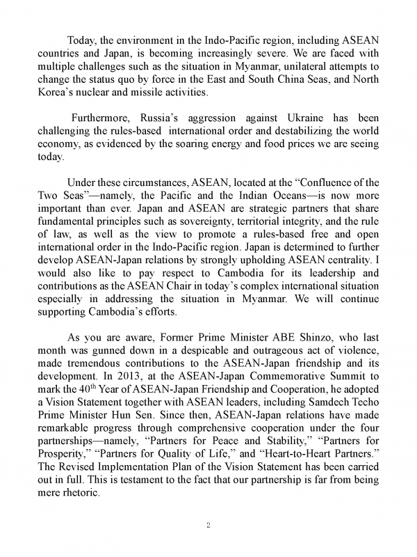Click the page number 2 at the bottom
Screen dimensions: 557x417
click(208, 525)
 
